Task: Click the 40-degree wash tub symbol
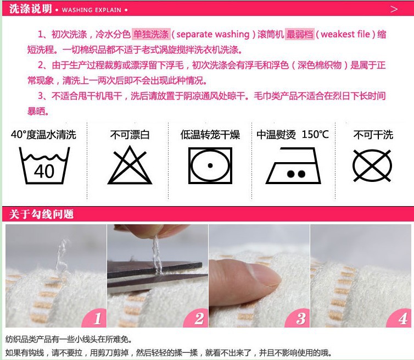pos(44,166)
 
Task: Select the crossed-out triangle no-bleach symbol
pos(130,165)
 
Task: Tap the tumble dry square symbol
pos(210,166)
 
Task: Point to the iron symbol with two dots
pos(293,166)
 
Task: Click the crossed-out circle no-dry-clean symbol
pos(372,166)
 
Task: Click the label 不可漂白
pos(130,135)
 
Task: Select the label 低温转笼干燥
pos(210,135)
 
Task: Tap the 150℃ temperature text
pos(315,135)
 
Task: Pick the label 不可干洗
pos(373,135)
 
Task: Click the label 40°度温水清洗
pos(43,135)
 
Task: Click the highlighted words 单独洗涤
pos(151,34)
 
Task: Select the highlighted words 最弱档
pos(300,34)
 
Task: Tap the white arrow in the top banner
pos(394,9)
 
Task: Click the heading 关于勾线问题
pos(41,214)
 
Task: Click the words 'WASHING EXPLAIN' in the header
pos(92,10)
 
